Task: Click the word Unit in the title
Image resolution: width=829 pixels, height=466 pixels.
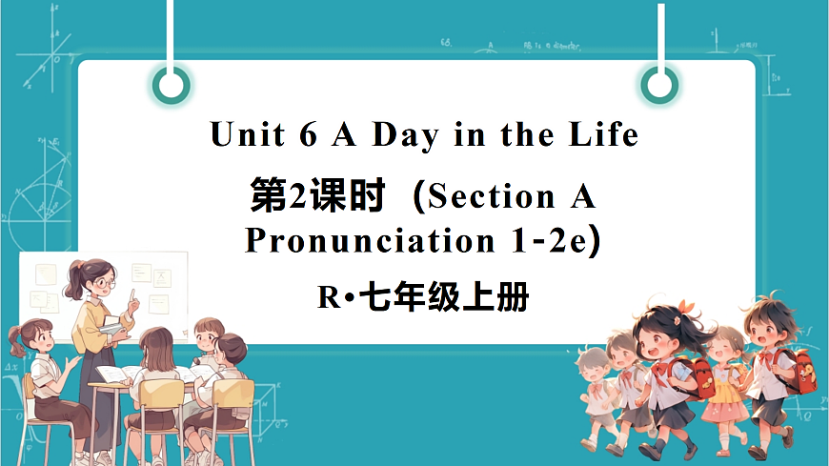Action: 247,135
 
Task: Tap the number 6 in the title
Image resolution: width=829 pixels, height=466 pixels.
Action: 307,135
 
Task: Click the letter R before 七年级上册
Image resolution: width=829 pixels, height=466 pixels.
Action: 327,300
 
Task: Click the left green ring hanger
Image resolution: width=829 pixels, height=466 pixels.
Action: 172,87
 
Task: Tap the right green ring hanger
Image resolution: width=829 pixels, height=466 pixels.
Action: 658,87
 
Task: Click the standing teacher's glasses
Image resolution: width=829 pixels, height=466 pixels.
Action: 104,282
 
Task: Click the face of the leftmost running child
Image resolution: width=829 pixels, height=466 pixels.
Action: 595,368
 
